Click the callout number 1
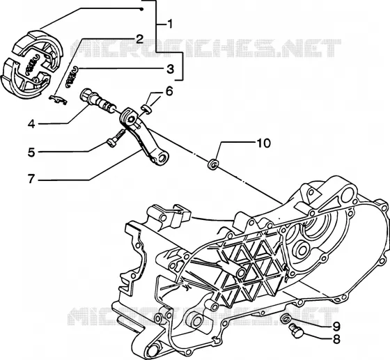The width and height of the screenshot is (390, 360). [x=170, y=24]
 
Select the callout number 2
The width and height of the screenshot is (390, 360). [x=139, y=39]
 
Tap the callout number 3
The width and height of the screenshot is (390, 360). [x=170, y=69]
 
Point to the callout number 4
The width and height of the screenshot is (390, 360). [x=31, y=124]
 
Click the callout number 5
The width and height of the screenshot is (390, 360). [x=31, y=152]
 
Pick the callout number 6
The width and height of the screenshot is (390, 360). [x=169, y=91]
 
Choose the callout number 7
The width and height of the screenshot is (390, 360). [x=31, y=179]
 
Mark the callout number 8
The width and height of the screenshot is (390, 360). [x=336, y=339]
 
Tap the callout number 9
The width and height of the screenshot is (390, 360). [x=336, y=327]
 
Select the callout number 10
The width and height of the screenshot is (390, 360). [x=263, y=143]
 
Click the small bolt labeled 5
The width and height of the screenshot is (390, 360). [x=116, y=139]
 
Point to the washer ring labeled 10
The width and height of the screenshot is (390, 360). [x=213, y=164]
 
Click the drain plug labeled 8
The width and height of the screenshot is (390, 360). [x=295, y=331]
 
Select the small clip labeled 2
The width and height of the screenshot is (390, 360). [x=58, y=100]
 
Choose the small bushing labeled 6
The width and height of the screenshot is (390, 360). [x=146, y=109]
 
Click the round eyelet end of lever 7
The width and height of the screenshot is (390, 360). [x=163, y=157]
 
